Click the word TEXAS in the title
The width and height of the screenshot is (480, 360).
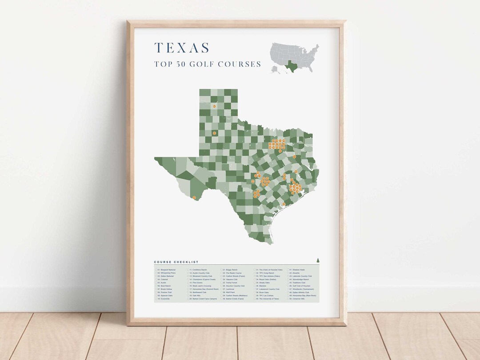pos(182,48)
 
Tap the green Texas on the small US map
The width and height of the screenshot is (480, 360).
pos(292,66)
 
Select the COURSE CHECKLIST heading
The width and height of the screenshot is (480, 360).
pos(176,262)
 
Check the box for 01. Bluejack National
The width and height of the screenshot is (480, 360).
pos(156,270)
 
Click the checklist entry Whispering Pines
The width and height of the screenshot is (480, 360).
pos(166,273)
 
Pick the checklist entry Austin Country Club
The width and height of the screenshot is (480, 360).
pos(200,273)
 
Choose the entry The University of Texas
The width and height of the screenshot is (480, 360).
pos(268,299)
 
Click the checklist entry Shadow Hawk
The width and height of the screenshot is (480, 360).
pos(298,270)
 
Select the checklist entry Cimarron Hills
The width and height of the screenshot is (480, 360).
pos(298,299)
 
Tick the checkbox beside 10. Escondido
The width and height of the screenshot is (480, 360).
pos(156,299)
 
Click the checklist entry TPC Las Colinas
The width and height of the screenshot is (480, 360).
pos(265,296)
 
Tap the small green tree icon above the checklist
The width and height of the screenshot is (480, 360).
pos(317,260)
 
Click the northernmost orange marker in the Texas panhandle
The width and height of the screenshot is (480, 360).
pos(214,106)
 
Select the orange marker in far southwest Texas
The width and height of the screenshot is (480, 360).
pos(194,197)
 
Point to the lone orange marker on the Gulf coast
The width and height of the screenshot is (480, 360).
pos(284,204)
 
